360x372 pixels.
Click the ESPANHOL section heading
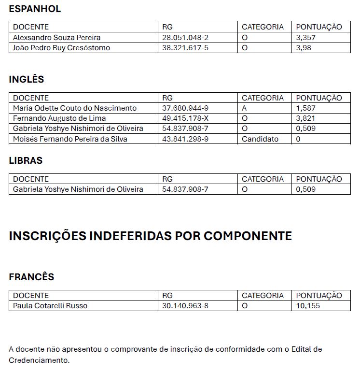pos(35,9)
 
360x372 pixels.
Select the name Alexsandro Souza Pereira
pos(56,38)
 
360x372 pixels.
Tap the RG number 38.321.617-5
pos(185,48)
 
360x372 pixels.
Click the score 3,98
pos(304,48)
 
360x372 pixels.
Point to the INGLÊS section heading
pos(27,79)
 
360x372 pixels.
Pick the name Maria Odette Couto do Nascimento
pos(75,108)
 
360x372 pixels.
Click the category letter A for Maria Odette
pos(244,108)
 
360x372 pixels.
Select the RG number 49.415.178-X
pos(185,118)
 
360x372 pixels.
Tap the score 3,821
pos(306,118)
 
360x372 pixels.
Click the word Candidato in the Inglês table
pos(260,139)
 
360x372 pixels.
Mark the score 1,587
pos(306,108)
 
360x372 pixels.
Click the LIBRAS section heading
pos(26,160)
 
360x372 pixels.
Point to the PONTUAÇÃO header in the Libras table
pos(318,179)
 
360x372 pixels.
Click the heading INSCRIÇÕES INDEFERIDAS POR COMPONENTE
pos(150,236)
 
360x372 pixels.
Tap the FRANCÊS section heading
pos(31,277)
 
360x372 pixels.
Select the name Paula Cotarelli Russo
pos(50,306)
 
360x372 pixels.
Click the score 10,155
pos(308,306)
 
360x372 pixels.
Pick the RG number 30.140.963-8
pos(185,306)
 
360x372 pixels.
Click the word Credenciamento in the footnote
pos(39,360)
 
